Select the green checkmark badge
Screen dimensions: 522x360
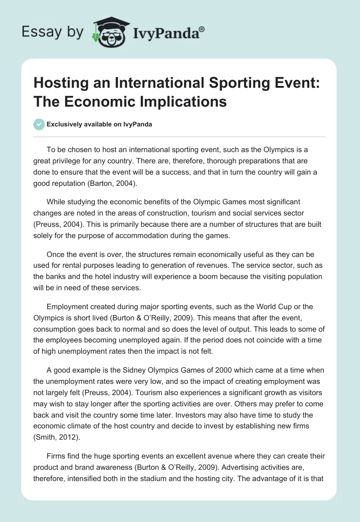[39, 124]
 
